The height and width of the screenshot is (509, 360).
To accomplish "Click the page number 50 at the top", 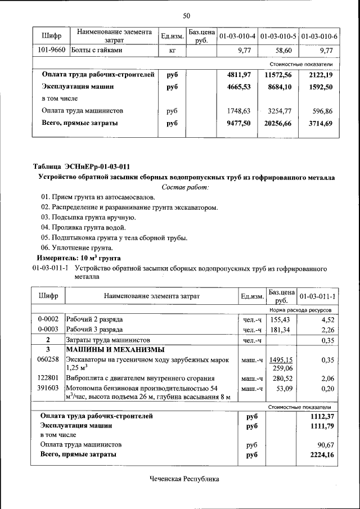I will click(186, 15).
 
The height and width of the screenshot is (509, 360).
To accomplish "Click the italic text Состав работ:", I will click(186, 187).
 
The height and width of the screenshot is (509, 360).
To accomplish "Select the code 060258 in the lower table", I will click(48, 359).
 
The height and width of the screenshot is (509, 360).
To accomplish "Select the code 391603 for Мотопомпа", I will click(48, 389).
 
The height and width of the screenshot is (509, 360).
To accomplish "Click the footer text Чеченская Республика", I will click(184, 479).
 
